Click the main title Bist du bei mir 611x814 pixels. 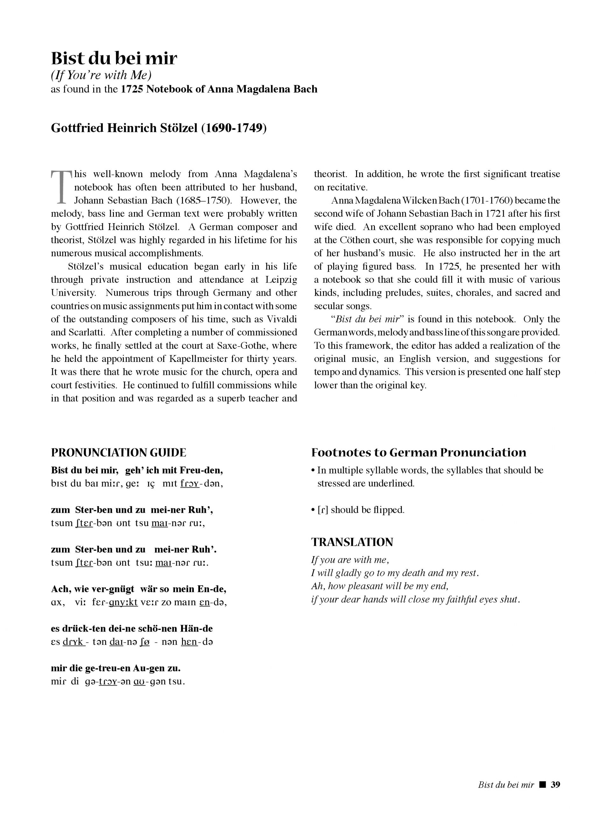pos(114,59)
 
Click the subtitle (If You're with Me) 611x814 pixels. pos(101,75)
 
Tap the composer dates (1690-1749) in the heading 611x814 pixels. pos(234,128)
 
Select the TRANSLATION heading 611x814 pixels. pos(352,542)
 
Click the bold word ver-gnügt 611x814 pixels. pos(113,589)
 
